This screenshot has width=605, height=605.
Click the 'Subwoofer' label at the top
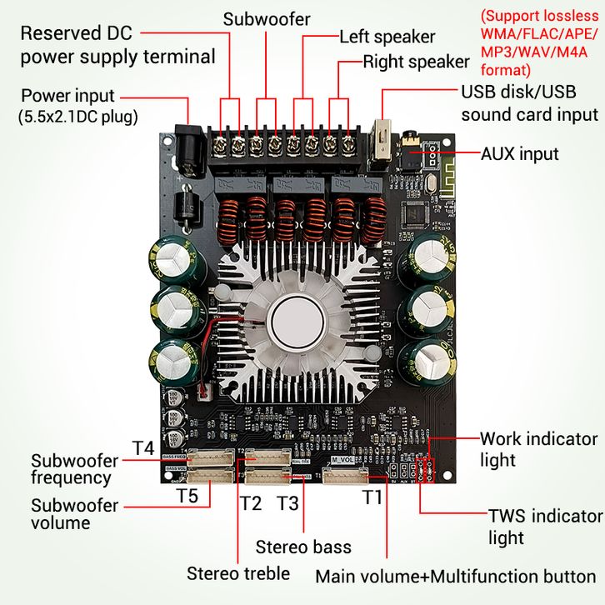(x=266, y=17)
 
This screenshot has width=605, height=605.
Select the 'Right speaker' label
(x=416, y=62)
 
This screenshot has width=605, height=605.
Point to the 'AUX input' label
(x=520, y=153)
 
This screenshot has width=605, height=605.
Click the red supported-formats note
(x=539, y=42)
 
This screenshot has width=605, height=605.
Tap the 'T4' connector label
(x=143, y=448)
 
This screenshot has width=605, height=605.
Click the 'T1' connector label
(x=372, y=497)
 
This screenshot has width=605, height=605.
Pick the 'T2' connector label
(x=250, y=503)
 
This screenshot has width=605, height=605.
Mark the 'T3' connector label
(x=287, y=503)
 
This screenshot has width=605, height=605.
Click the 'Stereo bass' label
(x=303, y=547)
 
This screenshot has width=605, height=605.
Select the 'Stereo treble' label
(x=238, y=572)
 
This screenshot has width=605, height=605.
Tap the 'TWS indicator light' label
(x=545, y=527)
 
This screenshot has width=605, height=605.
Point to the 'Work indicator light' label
(x=538, y=448)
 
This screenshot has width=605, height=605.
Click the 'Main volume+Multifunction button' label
(x=455, y=577)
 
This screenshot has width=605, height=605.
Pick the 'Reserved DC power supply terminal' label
(x=117, y=45)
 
